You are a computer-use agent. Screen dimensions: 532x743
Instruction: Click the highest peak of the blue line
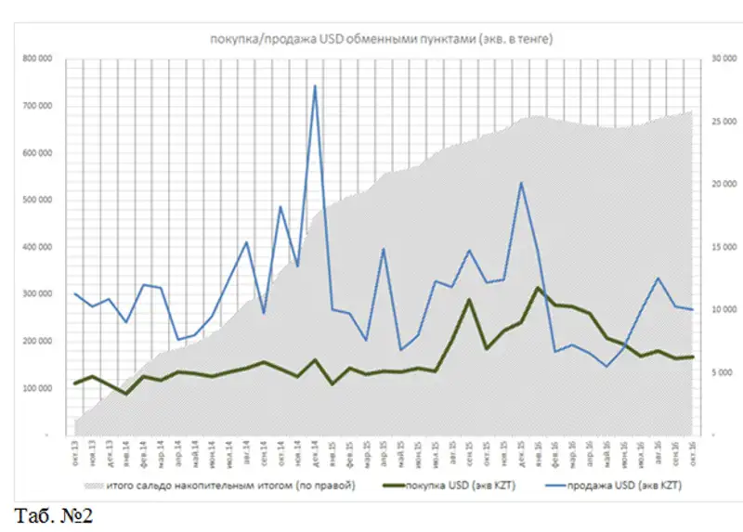[315, 86]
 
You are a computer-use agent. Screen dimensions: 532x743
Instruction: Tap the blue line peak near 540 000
[521, 183]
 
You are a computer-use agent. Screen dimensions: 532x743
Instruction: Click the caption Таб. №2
[54, 513]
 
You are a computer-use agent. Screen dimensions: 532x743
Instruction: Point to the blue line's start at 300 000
[76, 294]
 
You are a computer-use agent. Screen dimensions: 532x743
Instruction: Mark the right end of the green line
[693, 357]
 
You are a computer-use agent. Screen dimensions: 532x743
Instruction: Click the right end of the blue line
[693, 309]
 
